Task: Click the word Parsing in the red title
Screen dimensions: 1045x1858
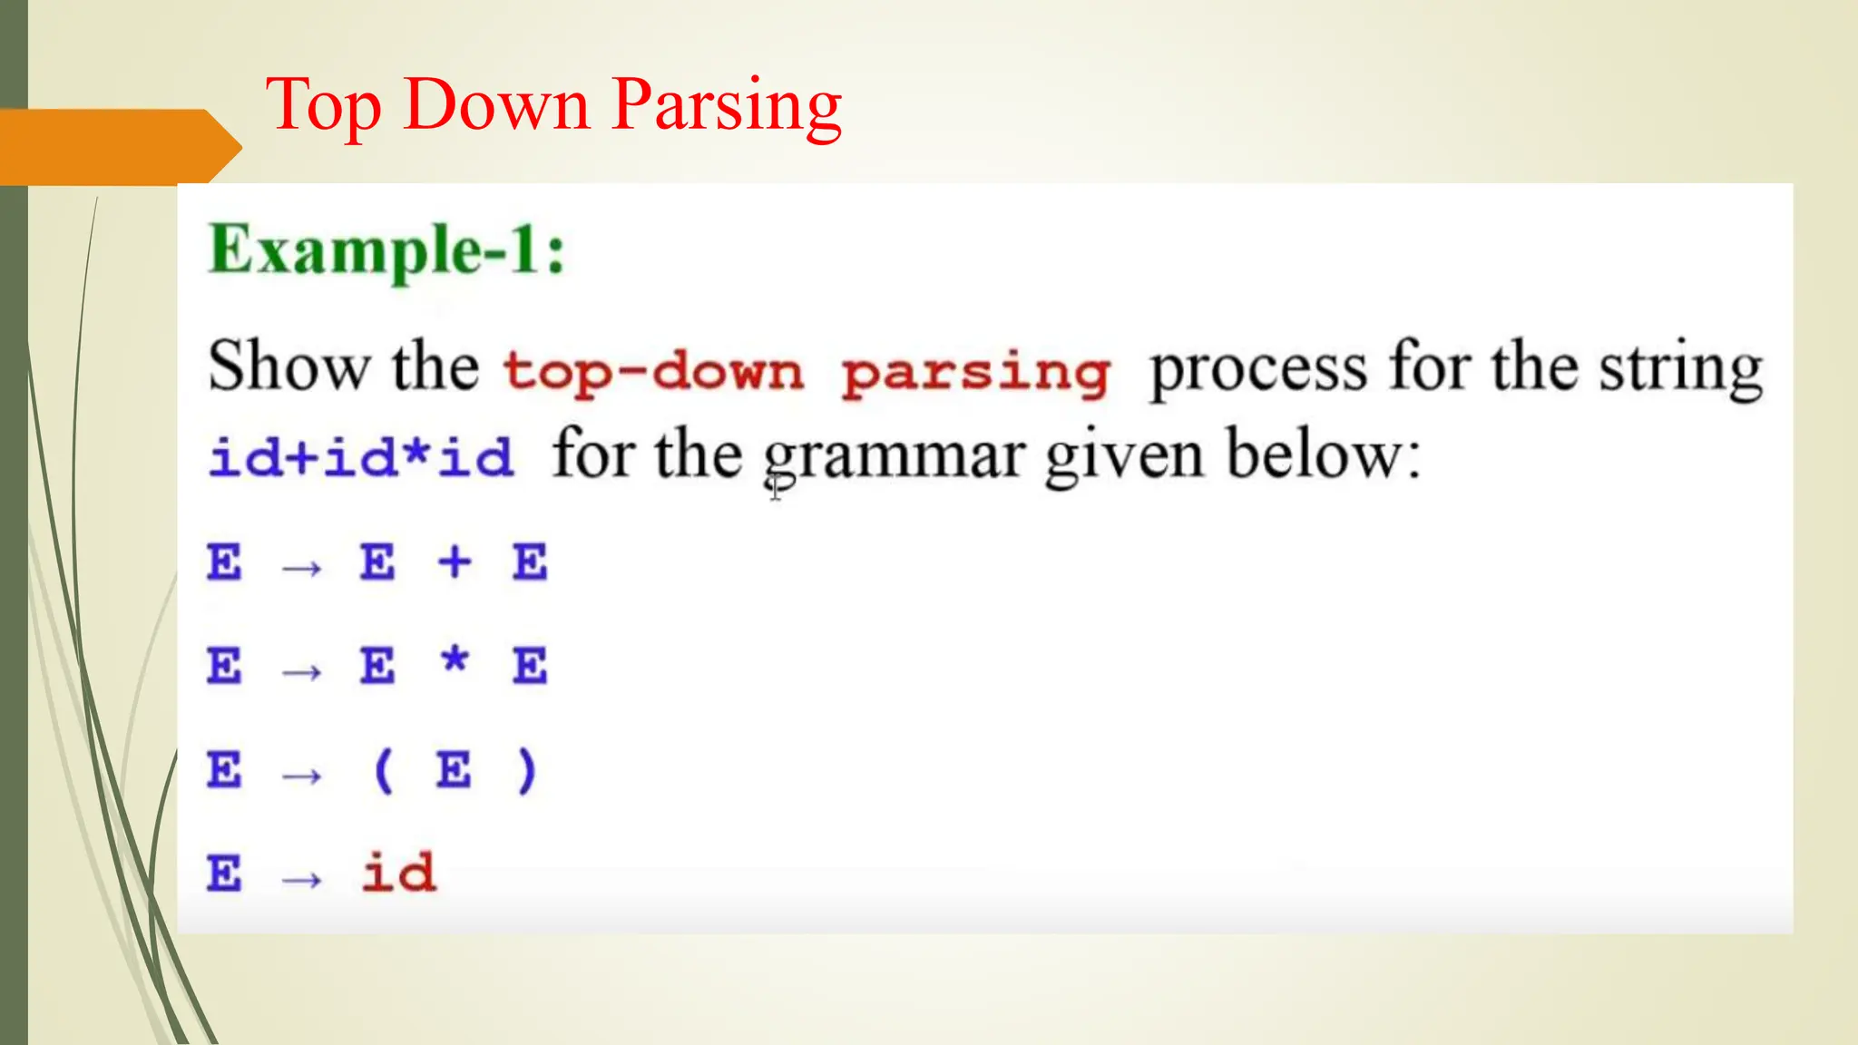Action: tap(728, 105)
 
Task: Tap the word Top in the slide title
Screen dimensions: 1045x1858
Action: tap(323, 105)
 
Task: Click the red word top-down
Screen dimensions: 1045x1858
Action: tap(653, 371)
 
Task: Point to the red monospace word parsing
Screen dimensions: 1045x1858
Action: tap(975, 373)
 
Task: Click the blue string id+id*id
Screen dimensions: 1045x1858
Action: tap(361, 456)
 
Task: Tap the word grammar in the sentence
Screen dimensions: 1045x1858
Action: tap(893, 455)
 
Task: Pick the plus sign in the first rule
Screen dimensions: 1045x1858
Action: tap(455, 562)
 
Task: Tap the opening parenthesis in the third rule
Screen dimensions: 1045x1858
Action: tap(383, 771)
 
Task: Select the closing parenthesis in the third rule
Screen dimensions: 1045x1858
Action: tap(526, 771)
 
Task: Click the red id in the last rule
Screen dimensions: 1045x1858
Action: tap(398, 874)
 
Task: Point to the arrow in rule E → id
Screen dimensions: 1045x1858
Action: tap(302, 879)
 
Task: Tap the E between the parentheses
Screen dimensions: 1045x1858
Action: tap(454, 771)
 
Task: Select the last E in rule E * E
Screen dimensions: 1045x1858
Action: tap(530, 667)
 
